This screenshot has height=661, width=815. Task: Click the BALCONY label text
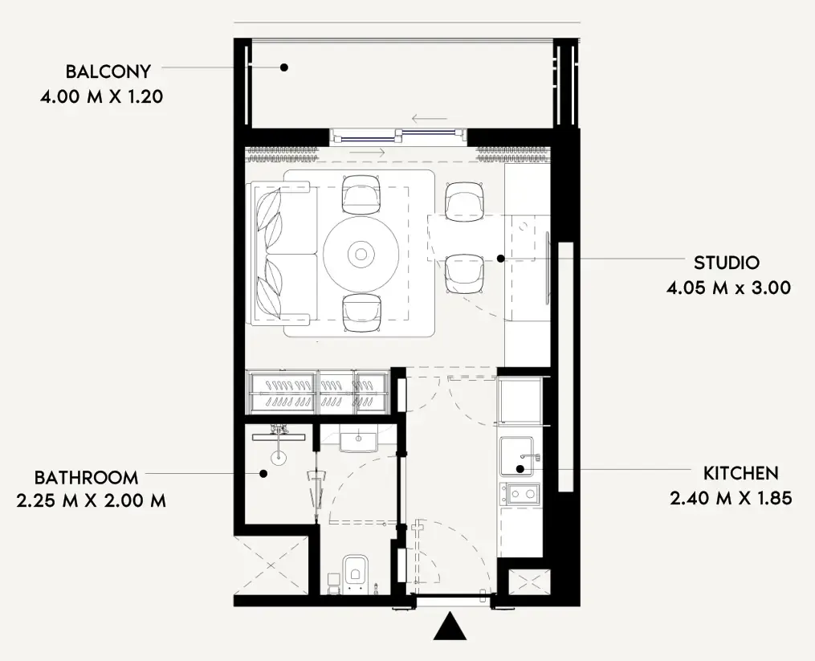tap(108, 71)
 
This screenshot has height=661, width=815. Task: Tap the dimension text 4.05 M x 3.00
tap(729, 288)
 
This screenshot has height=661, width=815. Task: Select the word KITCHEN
tap(740, 473)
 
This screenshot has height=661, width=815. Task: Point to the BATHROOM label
tap(86, 477)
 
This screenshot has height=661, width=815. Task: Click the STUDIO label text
tap(727, 263)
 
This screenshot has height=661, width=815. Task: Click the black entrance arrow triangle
tap(450, 626)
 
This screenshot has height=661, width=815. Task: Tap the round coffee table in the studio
tap(361, 255)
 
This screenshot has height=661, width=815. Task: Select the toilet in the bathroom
tap(356, 573)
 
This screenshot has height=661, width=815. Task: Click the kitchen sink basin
tap(516, 456)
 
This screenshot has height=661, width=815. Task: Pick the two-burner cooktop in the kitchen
tap(520, 494)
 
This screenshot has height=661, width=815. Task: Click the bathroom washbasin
tap(359, 439)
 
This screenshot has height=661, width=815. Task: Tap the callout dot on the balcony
tap(283, 67)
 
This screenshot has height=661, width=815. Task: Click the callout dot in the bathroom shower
tap(263, 474)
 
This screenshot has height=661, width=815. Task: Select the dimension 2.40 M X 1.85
tap(731, 498)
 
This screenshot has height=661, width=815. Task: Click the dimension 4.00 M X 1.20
tap(102, 96)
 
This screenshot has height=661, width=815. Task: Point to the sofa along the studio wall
tap(283, 253)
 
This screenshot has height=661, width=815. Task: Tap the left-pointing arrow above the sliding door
tap(430, 119)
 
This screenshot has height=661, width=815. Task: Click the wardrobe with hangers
tap(318, 392)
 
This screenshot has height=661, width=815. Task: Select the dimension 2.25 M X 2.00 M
tap(92, 501)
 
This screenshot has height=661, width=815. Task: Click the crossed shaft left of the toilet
tap(271, 565)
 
